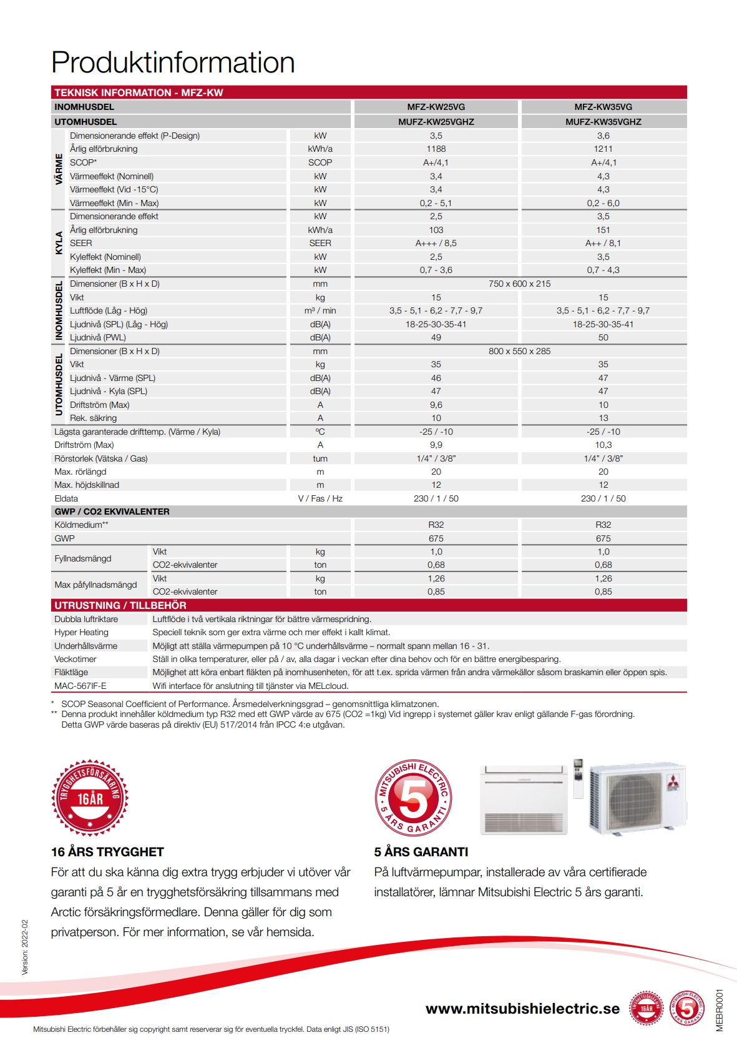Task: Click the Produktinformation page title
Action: tap(173, 62)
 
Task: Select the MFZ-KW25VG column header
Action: tap(436, 107)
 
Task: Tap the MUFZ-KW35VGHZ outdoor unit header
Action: tap(603, 122)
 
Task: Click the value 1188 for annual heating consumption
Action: tap(436, 149)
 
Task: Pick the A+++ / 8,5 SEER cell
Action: tap(436, 243)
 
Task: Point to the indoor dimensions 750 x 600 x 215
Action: tap(519, 284)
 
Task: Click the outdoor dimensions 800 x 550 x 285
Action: tap(519, 351)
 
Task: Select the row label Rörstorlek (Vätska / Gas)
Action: tap(101, 458)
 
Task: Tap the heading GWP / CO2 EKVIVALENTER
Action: tap(112, 512)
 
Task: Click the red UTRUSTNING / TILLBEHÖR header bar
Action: tap(368, 605)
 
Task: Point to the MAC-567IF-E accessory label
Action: tap(81, 686)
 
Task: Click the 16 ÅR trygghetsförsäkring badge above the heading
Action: tap(90, 798)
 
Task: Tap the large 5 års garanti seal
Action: tap(413, 798)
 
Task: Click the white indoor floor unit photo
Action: tap(524, 799)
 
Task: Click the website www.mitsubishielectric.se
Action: tap(522, 1009)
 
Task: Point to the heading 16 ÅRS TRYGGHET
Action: tap(107, 852)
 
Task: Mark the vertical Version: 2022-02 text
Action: tap(25, 947)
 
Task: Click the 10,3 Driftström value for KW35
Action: tap(603, 445)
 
